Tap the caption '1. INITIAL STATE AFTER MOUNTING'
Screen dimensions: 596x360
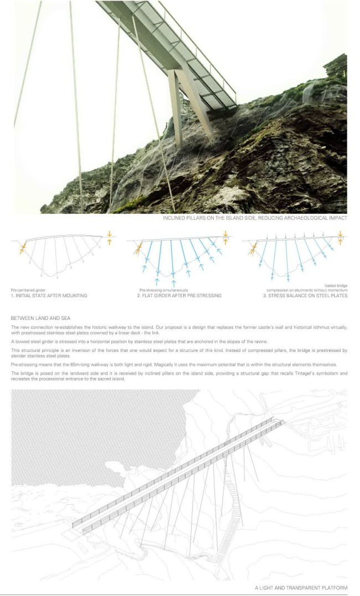[49, 296]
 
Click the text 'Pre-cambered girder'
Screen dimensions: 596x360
[28, 290]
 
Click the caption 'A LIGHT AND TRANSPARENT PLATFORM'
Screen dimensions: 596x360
[299, 588]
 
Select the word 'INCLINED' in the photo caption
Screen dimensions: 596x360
[175, 219]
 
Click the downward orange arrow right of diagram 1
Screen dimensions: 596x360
[109, 234]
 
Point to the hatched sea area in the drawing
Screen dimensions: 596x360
[83, 432]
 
